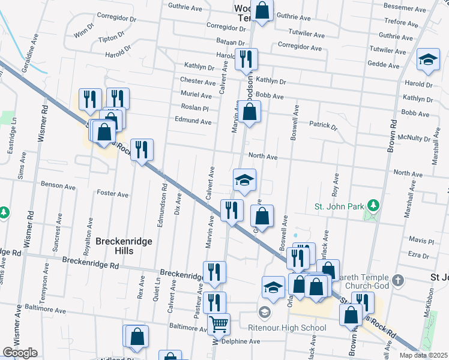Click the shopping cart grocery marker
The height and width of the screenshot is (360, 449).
218,324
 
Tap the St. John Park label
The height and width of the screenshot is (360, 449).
340,206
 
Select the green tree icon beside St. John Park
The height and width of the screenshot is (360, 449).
374,206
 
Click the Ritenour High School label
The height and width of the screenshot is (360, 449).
288,328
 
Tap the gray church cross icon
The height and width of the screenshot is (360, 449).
397,280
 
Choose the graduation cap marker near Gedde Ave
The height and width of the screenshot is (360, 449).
427,60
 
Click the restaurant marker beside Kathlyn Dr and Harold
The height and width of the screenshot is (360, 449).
246,59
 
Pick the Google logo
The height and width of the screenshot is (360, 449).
20,353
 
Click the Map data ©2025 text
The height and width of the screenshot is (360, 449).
423,355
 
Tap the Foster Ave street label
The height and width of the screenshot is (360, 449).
112,194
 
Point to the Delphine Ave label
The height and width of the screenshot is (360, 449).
240,341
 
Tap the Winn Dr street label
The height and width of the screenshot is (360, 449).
83,32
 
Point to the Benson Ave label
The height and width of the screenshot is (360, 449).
58,187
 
